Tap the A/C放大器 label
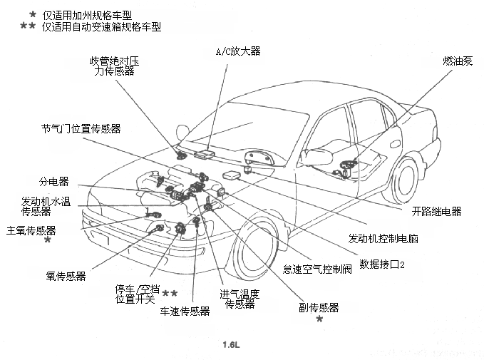(x=238, y=51)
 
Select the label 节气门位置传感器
(x=81, y=129)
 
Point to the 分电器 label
(x=53, y=182)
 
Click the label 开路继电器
(x=436, y=211)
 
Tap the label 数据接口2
(x=382, y=264)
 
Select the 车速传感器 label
(x=185, y=312)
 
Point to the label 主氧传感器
(x=31, y=230)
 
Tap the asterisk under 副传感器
(x=319, y=320)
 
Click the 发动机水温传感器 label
(x=46, y=207)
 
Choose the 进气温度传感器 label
(x=240, y=299)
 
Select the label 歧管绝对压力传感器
(x=114, y=66)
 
